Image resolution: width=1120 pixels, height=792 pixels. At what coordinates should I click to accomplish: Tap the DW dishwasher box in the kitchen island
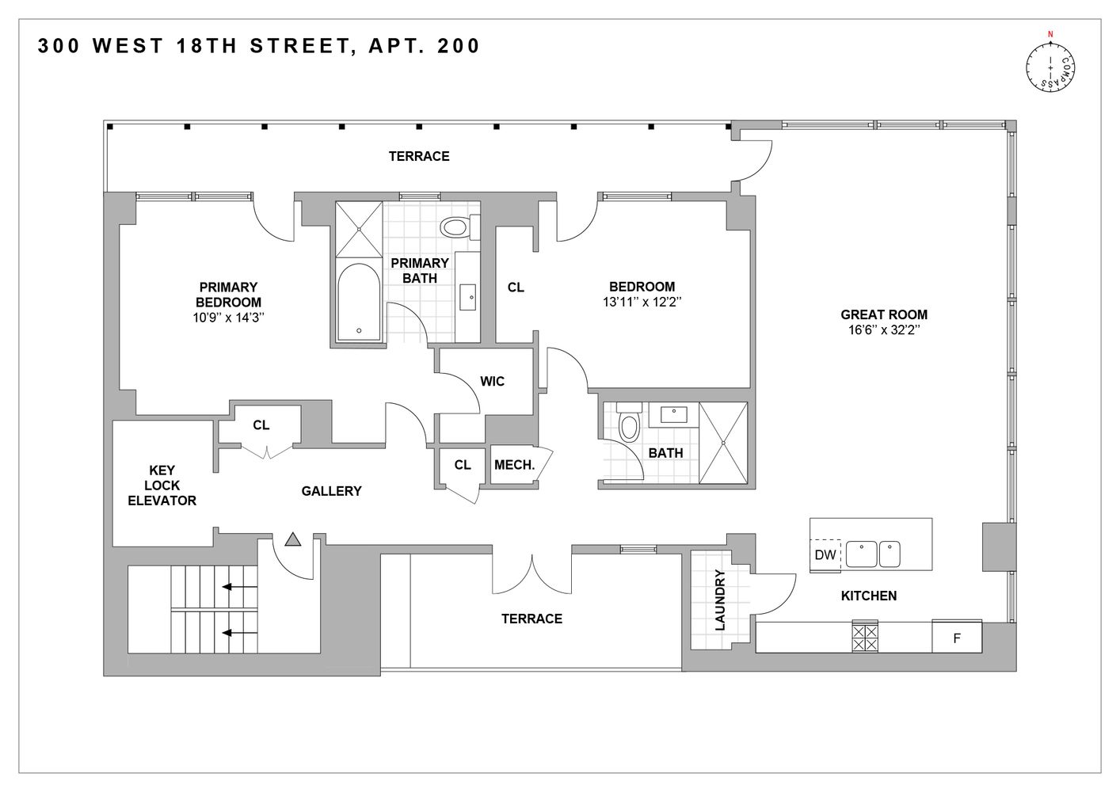(x=825, y=555)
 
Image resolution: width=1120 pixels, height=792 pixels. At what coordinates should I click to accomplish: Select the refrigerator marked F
(x=957, y=637)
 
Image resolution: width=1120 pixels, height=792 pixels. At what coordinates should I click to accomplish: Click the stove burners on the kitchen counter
(x=864, y=637)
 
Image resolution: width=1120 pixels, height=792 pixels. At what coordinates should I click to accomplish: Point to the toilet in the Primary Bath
(x=455, y=228)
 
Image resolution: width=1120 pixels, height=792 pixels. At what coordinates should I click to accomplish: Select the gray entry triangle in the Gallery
(x=293, y=540)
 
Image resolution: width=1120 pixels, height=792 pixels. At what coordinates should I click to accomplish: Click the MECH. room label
(x=514, y=465)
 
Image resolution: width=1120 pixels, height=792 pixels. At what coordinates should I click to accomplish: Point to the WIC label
(x=492, y=381)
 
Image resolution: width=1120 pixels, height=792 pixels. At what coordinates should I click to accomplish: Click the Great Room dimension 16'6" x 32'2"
(x=883, y=329)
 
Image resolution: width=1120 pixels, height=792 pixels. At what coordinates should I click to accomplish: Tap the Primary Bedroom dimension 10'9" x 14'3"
(x=227, y=317)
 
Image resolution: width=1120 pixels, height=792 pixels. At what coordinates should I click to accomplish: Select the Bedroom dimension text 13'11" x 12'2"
(x=642, y=302)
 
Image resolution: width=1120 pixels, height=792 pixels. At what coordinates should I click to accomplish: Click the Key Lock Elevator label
(x=162, y=485)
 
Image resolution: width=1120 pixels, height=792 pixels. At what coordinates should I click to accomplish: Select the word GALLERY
(x=331, y=491)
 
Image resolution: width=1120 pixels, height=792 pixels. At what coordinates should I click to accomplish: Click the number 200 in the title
(x=456, y=46)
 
